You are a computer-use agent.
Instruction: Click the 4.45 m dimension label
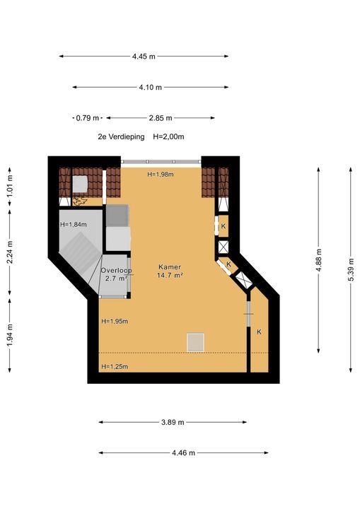[x=144, y=57]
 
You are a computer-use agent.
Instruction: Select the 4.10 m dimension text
[x=151, y=88]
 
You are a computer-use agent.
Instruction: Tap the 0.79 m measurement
[x=88, y=118]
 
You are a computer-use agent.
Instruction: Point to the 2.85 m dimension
[x=161, y=118]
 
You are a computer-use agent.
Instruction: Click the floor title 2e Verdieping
[x=121, y=136]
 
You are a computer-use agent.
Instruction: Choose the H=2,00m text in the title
[x=168, y=136]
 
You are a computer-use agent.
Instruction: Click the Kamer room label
[x=170, y=267]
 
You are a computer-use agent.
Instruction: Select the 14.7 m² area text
[x=170, y=275]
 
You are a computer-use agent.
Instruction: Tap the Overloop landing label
[x=116, y=270]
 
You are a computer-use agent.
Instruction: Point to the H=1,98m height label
[x=161, y=175]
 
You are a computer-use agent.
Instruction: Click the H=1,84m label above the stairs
[x=74, y=224]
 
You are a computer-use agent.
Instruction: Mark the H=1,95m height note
[x=115, y=322]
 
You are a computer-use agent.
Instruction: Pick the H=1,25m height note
[x=115, y=366]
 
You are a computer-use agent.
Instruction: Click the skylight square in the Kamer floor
[x=196, y=342]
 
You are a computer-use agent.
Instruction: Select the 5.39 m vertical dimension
[x=351, y=270]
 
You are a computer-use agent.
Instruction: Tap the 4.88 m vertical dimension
[x=318, y=260]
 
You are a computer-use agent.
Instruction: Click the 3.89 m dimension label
[x=173, y=422]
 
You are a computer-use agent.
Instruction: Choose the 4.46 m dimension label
[x=184, y=453]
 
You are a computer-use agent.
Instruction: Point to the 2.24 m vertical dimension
[x=10, y=252]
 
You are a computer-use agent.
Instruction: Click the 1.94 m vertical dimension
[x=10, y=335]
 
